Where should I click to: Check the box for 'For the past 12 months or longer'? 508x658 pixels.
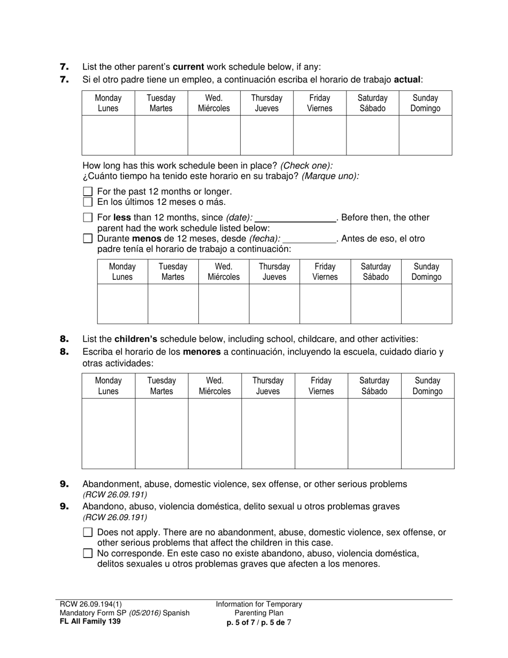click(x=88, y=192)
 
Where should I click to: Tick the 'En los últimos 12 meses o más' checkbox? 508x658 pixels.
click(x=88, y=202)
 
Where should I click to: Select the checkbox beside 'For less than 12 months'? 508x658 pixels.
click(x=88, y=218)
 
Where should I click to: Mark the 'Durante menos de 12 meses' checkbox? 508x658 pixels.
click(x=88, y=239)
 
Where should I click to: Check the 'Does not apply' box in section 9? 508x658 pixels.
click(x=88, y=532)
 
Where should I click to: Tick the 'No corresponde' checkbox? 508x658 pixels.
click(x=88, y=553)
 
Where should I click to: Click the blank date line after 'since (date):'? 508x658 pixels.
click(x=295, y=218)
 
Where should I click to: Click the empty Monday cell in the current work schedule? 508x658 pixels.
click(x=108, y=135)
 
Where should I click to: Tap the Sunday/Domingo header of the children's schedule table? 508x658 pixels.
click(x=427, y=386)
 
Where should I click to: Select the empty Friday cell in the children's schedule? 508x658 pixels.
click(x=321, y=433)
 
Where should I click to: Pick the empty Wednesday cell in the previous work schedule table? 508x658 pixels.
click(x=224, y=304)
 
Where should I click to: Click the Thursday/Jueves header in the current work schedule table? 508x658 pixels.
click(x=267, y=103)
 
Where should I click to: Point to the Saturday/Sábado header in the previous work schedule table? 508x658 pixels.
click(x=375, y=271)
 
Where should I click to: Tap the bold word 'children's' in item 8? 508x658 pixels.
click(x=136, y=339)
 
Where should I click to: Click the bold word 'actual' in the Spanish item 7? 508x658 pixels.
click(x=407, y=80)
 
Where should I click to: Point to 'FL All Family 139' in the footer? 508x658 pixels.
click(x=90, y=622)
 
